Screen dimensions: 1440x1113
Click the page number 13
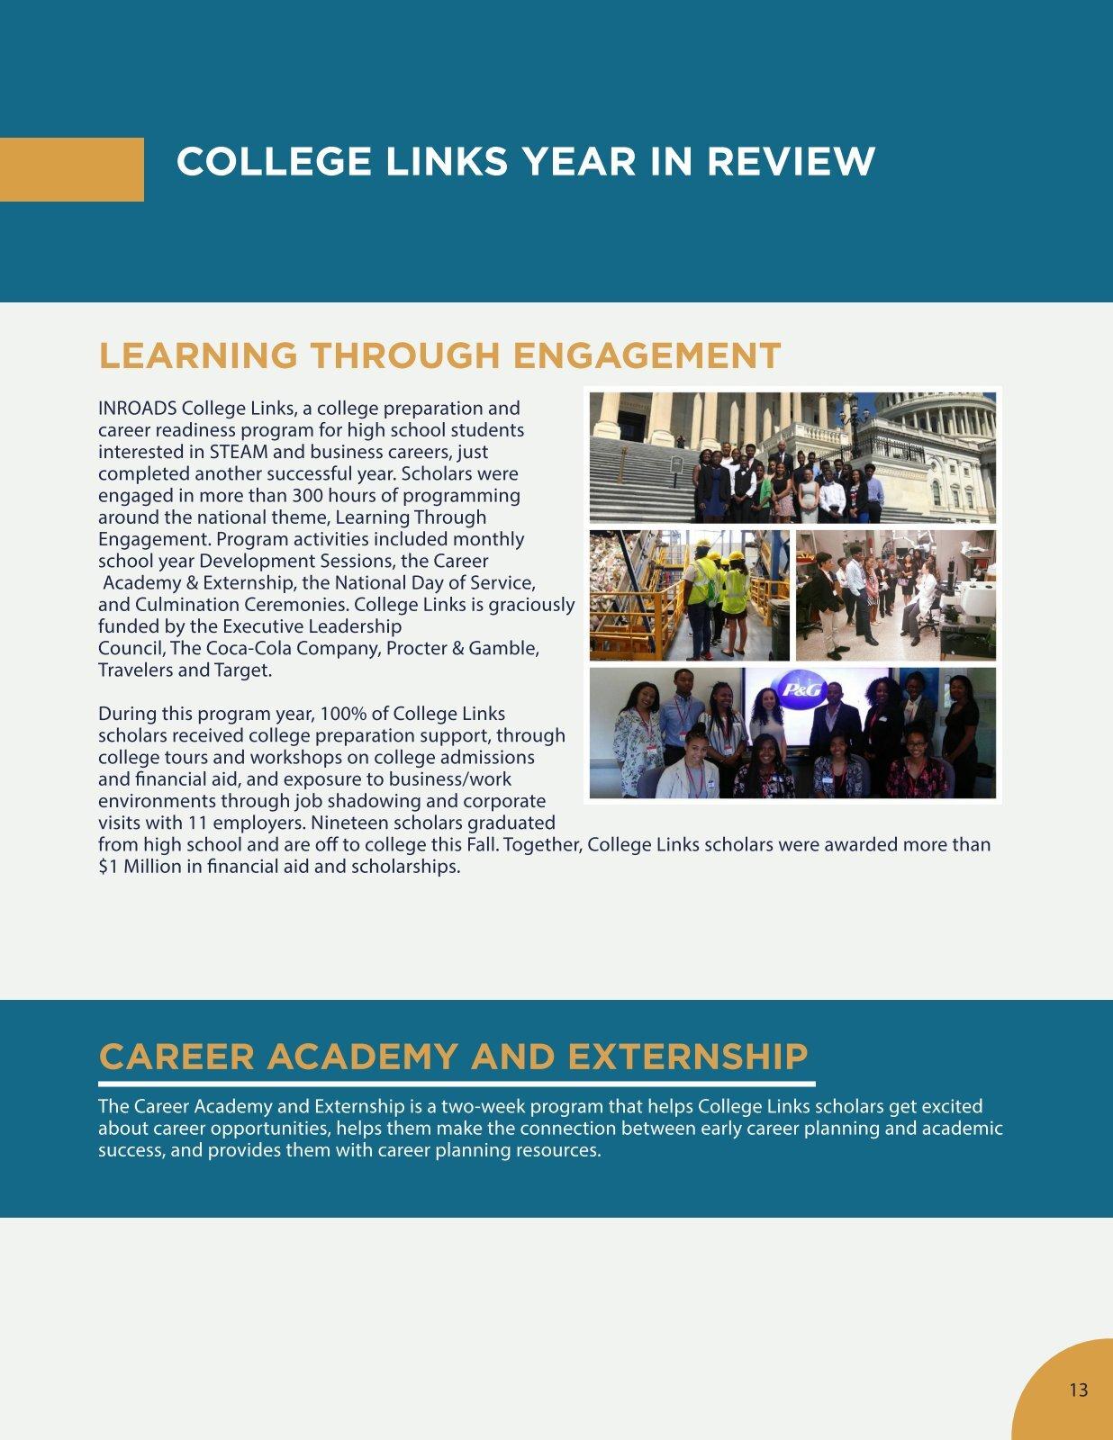click(x=1078, y=1390)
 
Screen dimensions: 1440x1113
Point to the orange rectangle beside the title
click(x=72, y=169)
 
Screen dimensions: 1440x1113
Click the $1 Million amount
click(x=146, y=867)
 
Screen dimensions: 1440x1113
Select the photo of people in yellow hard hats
click(x=690, y=595)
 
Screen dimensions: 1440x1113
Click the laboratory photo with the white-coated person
click(x=896, y=595)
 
